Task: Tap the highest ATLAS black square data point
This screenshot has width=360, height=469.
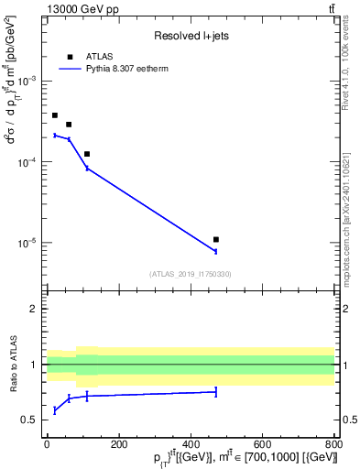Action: click(x=55, y=115)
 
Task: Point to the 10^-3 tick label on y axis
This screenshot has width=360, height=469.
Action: click(x=27, y=82)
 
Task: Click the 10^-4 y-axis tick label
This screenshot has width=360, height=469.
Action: click(x=27, y=162)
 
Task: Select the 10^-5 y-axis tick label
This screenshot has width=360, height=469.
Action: click(x=27, y=243)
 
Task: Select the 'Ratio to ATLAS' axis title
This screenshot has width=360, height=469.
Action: click(x=13, y=364)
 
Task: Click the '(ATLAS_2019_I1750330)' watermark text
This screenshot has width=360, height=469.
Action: click(x=190, y=274)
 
